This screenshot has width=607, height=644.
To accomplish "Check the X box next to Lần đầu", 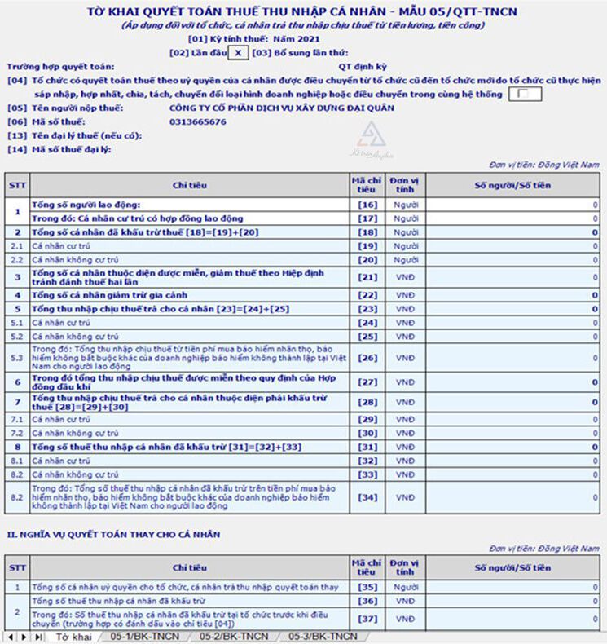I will pos(235,51).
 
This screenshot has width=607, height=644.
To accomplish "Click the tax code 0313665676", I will pos(198,121).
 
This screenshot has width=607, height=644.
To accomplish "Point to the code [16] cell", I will pos(367,204).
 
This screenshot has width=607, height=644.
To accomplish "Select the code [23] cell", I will pos(367,309).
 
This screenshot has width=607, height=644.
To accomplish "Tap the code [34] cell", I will pos(367,496).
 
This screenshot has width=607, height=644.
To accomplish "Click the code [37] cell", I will pos(367,620).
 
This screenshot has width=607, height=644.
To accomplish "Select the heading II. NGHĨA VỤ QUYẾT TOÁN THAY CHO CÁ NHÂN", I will pos(113,534).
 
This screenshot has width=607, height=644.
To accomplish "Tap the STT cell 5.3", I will pos(16,357).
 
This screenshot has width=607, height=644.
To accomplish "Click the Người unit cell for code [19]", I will pos(405,245).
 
